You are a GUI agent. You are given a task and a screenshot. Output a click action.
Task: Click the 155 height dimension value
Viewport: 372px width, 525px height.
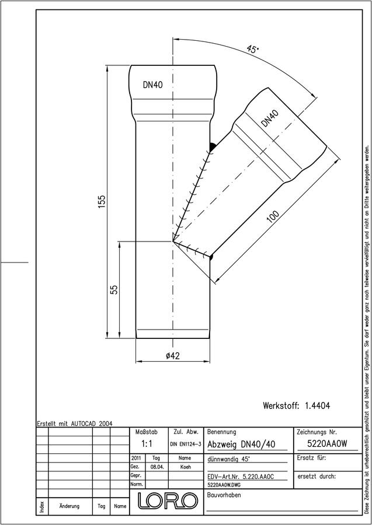(102, 202)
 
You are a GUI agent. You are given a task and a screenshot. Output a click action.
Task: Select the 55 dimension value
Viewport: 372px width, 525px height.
(114, 289)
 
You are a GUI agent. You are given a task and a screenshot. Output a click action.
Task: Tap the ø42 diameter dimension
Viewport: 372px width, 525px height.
(173, 356)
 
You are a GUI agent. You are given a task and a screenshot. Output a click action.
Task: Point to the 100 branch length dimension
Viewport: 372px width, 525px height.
(273, 217)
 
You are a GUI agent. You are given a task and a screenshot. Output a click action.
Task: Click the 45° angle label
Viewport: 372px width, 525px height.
(252, 49)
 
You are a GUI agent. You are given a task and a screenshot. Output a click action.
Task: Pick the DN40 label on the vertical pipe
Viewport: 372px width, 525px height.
(153, 85)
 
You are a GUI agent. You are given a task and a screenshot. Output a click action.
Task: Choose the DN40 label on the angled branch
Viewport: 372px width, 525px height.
(270, 118)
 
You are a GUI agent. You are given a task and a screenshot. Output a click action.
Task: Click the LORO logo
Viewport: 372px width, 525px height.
(168, 501)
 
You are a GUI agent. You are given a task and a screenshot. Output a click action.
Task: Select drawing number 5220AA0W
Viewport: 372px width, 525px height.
(328, 444)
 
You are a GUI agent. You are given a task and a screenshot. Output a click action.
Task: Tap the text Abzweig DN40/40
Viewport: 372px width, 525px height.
(241, 444)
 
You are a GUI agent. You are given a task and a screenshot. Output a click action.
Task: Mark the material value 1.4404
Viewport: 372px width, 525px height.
(317, 406)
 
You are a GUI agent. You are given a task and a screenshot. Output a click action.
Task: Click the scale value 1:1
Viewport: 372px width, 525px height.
(147, 444)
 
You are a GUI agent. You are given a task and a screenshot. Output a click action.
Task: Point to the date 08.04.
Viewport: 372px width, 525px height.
(157, 467)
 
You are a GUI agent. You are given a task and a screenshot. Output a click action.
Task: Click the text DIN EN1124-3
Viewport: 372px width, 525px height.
(186, 444)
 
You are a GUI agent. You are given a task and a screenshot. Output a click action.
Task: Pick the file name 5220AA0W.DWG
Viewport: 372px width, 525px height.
(224, 485)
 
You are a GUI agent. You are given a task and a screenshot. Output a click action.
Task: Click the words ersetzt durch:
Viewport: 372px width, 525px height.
(317, 476)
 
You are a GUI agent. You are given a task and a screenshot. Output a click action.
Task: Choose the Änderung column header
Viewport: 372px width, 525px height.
(69, 506)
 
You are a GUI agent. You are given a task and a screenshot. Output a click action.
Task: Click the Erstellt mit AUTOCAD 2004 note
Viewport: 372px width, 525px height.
(75, 423)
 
